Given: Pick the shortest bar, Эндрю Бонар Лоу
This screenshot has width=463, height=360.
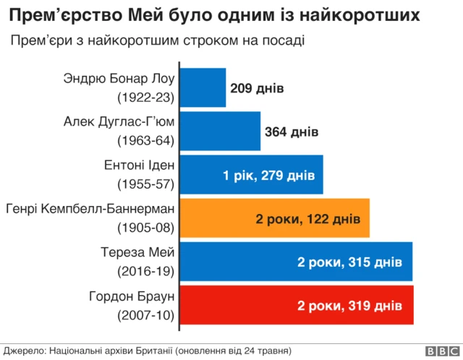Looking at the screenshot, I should pyautogui.click(x=202, y=88).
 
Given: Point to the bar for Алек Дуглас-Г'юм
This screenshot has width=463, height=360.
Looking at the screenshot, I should pyautogui.click(x=219, y=132).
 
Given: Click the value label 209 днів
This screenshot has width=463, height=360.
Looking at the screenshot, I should pyautogui.click(x=257, y=89).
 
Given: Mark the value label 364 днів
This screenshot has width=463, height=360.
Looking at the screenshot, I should pyautogui.click(x=292, y=132).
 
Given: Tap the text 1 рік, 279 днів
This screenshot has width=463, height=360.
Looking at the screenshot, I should pyautogui.click(x=268, y=175).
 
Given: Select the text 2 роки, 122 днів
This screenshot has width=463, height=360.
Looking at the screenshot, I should pyautogui.click(x=307, y=218).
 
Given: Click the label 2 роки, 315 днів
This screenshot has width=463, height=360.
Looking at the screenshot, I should pyautogui.click(x=350, y=262).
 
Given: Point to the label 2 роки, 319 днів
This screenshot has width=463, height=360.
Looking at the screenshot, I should pyautogui.click(x=350, y=306).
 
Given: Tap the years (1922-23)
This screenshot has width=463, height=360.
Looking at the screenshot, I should pyautogui.click(x=146, y=97).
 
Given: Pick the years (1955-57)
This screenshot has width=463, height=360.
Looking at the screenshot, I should pyautogui.click(x=146, y=184).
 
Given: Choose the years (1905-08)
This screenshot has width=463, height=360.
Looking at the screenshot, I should pyautogui.click(x=146, y=227).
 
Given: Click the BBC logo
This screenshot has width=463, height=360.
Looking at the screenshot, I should pyautogui.click(x=441, y=351).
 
